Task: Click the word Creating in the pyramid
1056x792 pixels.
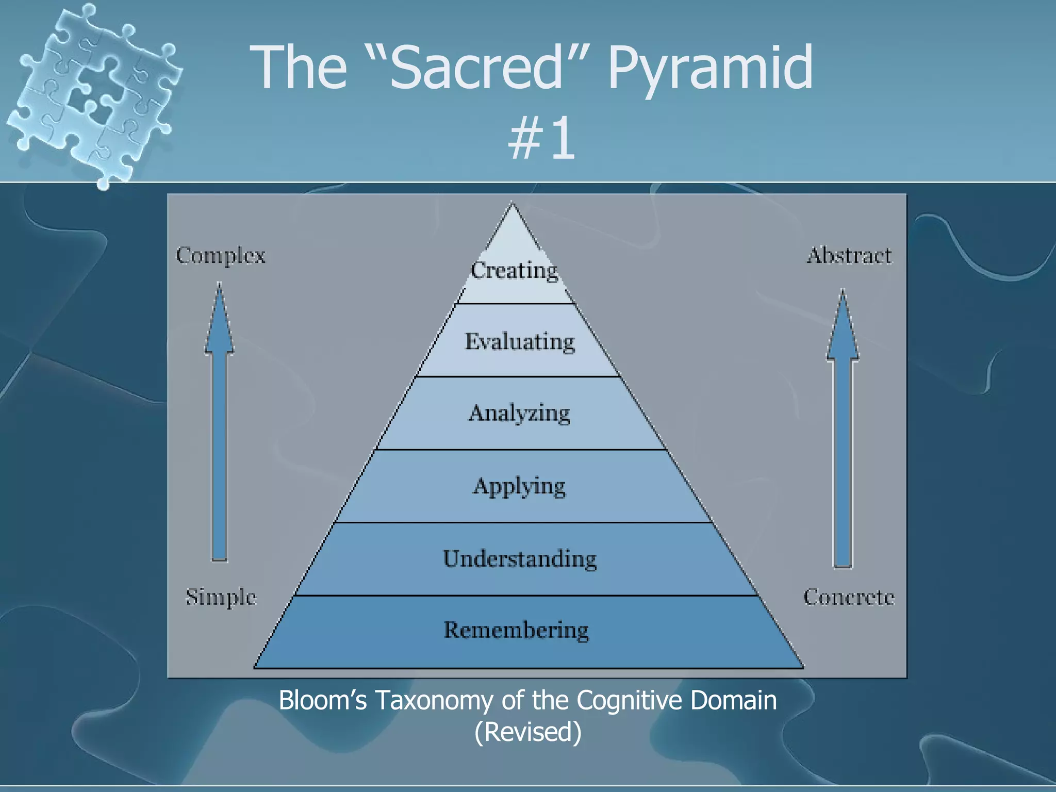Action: tap(514, 270)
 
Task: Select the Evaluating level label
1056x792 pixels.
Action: tap(520, 342)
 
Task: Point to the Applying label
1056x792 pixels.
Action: tap(519, 486)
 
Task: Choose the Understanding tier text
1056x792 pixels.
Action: tap(520, 559)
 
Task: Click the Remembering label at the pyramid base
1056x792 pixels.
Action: tap(516, 630)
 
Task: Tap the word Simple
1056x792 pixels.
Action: tap(221, 597)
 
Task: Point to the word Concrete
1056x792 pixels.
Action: tap(849, 597)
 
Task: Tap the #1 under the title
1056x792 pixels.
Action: tap(541, 138)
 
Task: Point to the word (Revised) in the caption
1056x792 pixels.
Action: tap(527, 732)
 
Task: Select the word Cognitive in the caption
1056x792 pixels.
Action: tap(630, 700)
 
